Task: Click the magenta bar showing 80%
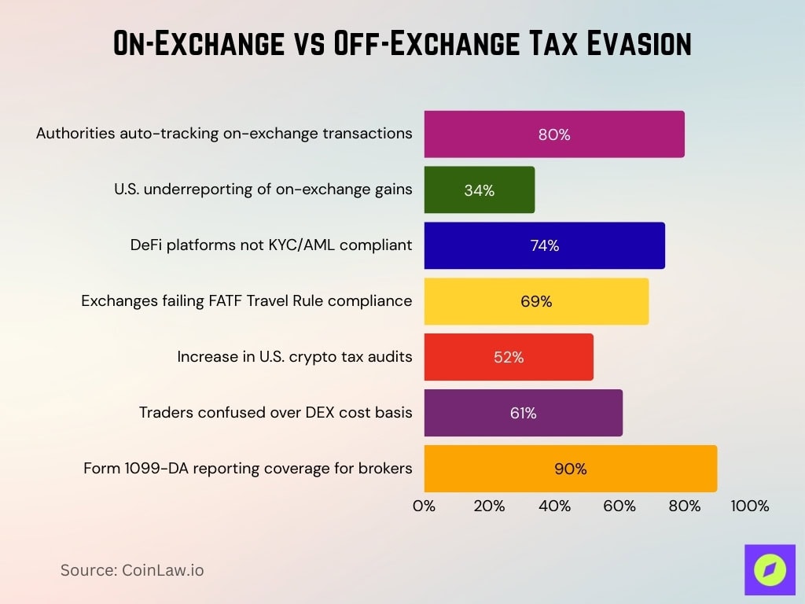point(553,134)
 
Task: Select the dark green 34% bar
point(479,190)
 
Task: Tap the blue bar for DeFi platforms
point(544,245)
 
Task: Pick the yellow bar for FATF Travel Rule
point(536,301)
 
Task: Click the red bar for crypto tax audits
point(508,357)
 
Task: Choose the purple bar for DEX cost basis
point(523,413)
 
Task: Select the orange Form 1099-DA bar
point(570,469)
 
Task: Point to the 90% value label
point(570,470)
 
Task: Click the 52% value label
point(509,358)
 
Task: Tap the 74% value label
point(544,246)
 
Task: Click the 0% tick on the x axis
point(425,506)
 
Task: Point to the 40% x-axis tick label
point(554,506)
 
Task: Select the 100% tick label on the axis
point(749,506)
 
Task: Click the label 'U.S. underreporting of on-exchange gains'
point(263,190)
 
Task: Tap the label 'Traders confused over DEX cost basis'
point(275,413)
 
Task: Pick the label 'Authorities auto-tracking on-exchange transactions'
point(224,134)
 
